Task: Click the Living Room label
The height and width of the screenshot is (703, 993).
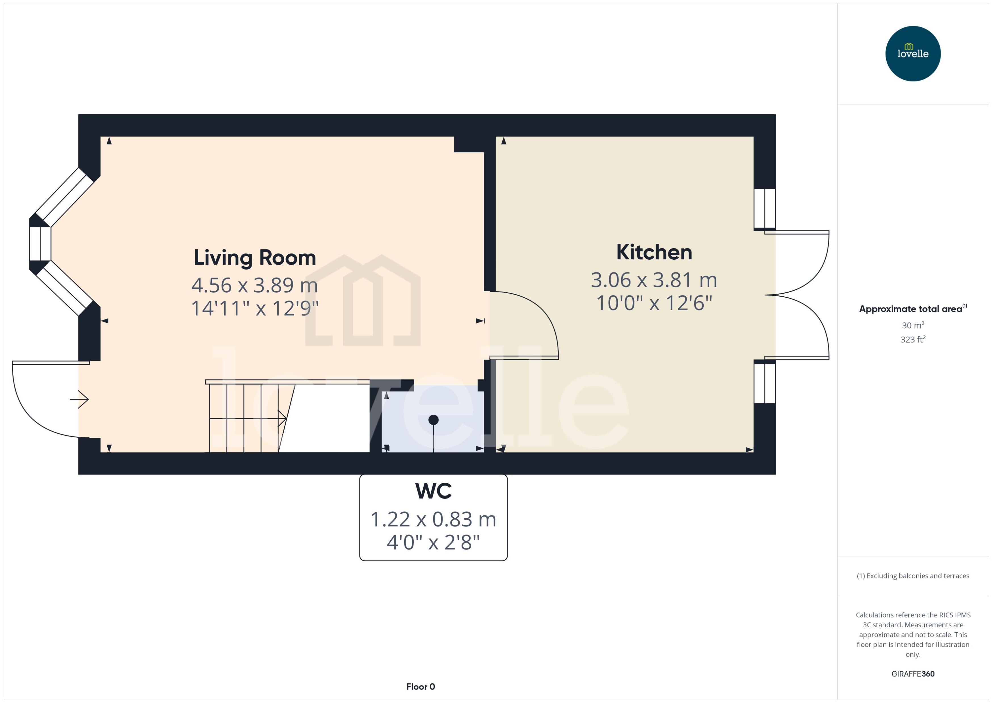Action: [x=254, y=258]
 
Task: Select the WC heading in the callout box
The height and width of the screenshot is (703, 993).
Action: [x=433, y=491]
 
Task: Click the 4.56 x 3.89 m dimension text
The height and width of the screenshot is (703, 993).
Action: [x=254, y=285]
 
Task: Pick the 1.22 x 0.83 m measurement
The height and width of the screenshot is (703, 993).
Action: [x=433, y=519]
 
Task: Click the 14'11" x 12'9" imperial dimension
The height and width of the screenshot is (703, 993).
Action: [x=254, y=309]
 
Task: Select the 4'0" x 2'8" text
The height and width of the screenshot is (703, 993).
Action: [x=433, y=542]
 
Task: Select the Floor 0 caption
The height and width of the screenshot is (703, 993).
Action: [x=420, y=687]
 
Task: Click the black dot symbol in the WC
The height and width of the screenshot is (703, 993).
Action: [x=433, y=419]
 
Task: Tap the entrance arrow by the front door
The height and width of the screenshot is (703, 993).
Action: [x=80, y=399]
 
